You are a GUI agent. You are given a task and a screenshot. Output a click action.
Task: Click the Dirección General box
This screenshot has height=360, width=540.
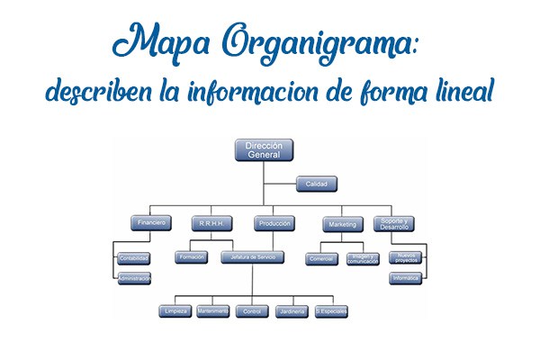pos(265,150)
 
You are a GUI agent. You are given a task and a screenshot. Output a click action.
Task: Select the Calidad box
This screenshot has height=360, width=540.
pos(318,184)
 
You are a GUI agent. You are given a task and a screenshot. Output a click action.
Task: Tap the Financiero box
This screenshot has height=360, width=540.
pos(149,222)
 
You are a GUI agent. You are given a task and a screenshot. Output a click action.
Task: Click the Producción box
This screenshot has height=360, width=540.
pos(274,222)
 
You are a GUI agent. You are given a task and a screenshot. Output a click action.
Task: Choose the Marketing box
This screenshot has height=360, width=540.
pos(343,222)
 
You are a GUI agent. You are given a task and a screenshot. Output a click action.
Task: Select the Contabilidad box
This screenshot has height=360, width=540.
pos(134,258)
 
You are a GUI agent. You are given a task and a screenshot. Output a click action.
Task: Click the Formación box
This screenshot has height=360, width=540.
pos(193,257)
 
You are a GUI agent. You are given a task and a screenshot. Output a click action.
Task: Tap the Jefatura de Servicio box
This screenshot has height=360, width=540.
pos(253,257)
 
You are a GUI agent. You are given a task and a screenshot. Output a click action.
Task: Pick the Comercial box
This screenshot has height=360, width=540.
pos(322,258)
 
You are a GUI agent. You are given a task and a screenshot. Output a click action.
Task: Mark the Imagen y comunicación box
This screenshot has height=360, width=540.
pos(363,258)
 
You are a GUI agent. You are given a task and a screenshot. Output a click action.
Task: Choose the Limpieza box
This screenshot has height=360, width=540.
pos(175,311)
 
